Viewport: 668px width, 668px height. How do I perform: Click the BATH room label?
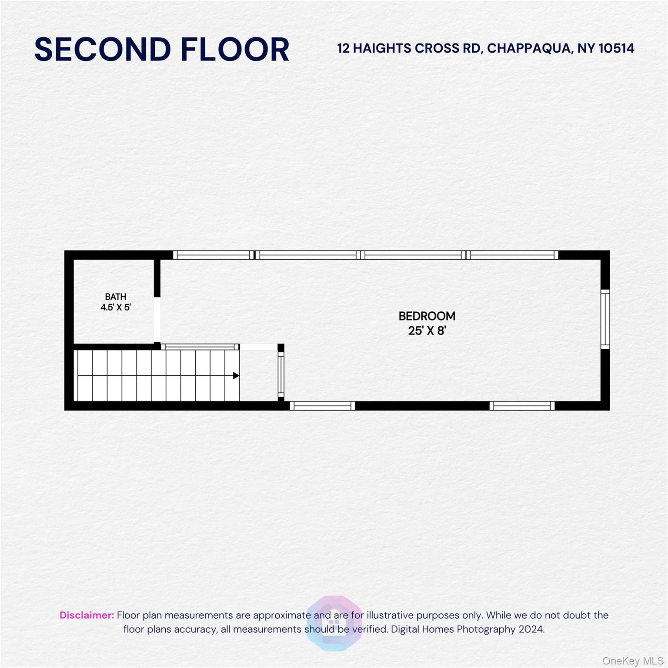pyautogui.click(x=116, y=297)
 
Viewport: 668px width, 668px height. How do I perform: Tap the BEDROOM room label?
pyautogui.click(x=427, y=316)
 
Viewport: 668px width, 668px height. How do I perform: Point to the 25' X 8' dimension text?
pyautogui.click(x=427, y=331)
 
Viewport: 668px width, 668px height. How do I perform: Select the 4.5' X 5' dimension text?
pyautogui.click(x=116, y=307)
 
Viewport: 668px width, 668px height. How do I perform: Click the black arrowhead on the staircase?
pyautogui.click(x=236, y=375)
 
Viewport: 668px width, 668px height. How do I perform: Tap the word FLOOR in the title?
pyautogui.click(x=235, y=49)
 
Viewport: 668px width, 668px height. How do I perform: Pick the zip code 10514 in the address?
pyautogui.click(x=616, y=48)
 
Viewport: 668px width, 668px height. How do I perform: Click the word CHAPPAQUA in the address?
pyautogui.click(x=528, y=48)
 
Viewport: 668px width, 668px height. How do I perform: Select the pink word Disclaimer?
pyautogui.click(x=87, y=615)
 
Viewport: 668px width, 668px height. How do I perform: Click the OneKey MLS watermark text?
pyautogui.click(x=633, y=661)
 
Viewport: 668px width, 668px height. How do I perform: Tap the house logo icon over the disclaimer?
pyautogui.click(x=334, y=623)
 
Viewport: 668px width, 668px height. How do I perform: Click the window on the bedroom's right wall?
pyautogui.click(x=605, y=319)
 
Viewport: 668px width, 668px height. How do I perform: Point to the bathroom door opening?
pyautogui.click(x=157, y=320)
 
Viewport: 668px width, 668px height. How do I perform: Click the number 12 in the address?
pyautogui.click(x=343, y=48)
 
